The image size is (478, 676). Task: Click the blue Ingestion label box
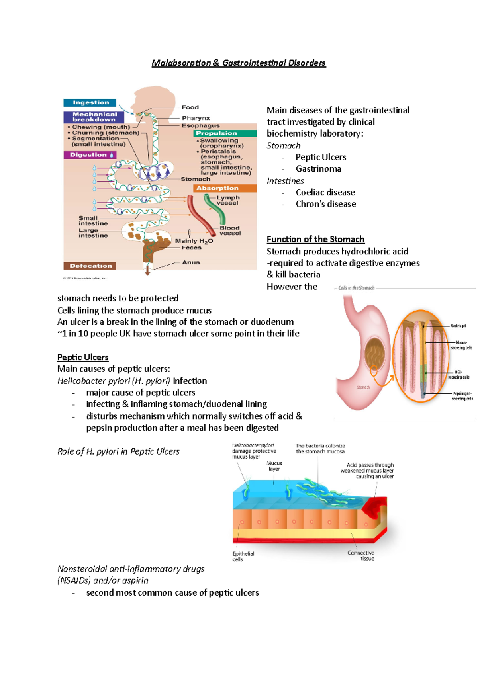click(90, 103)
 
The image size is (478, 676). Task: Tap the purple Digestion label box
click(89, 155)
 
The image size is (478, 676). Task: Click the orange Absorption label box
click(225, 188)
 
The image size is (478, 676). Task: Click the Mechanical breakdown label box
click(94, 117)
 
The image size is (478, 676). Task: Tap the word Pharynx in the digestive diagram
click(196, 118)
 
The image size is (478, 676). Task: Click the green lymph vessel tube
click(215, 209)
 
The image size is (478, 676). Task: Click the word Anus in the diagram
click(191, 262)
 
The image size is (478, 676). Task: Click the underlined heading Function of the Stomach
click(315, 239)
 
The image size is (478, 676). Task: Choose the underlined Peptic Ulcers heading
click(83, 357)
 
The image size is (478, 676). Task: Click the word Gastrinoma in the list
click(318, 169)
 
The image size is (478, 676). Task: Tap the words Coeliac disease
click(325, 192)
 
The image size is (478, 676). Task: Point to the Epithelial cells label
click(243, 556)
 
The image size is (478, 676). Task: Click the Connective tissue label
click(361, 555)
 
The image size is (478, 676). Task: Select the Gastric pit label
click(458, 326)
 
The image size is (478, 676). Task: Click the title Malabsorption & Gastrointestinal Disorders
click(239, 63)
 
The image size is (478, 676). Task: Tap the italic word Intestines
click(285, 181)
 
